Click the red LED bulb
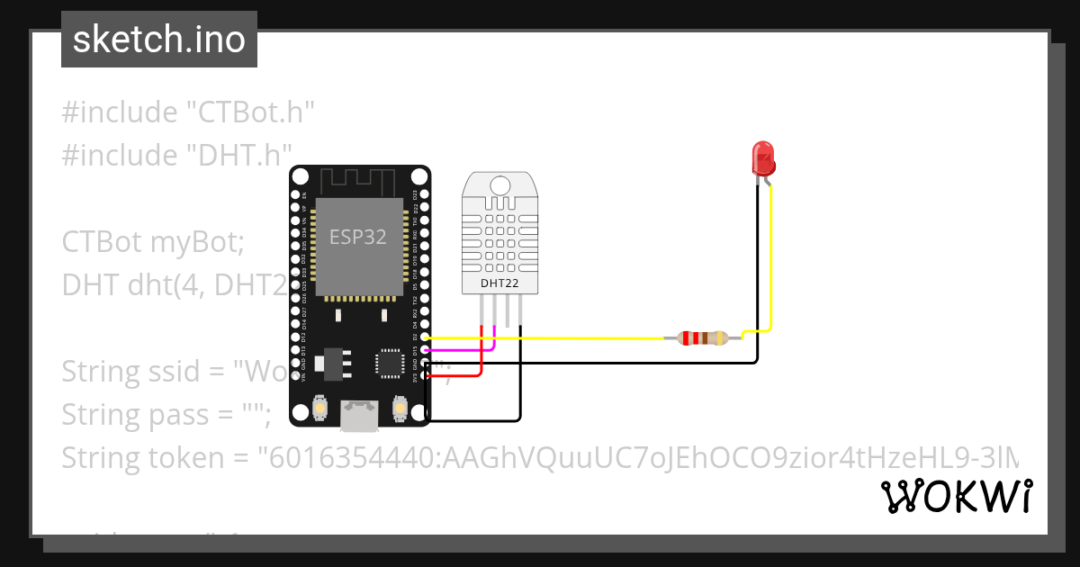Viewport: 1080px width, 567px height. [763, 157]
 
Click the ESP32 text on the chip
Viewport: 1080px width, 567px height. [357, 237]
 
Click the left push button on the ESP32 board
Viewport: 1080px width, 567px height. [319, 409]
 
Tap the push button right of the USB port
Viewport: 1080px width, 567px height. [400, 409]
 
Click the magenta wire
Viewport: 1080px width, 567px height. [459, 349]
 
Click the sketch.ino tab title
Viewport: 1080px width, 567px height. [159, 40]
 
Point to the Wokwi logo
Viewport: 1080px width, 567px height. [956, 496]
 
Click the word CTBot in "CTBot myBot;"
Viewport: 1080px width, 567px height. [102, 242]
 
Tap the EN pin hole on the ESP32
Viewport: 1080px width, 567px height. [294, 193]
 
